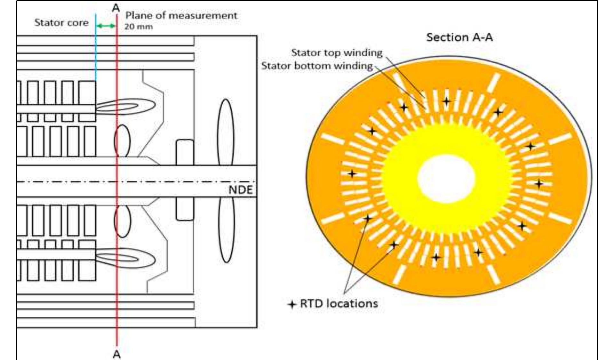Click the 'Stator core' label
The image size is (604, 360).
[61, 23]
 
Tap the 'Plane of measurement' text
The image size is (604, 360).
[181, 15]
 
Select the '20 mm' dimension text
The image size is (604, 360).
[139, 27]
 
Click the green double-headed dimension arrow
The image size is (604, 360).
[106, 26]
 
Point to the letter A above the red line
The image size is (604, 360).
[116, 8]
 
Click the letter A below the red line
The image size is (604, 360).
[117, 354]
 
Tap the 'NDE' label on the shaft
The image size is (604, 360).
[240, 190]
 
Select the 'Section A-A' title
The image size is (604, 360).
[459, 37]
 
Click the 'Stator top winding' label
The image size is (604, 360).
[337, 52]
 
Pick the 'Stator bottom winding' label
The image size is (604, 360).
[317, 66]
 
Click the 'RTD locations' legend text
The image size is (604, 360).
[339, 303]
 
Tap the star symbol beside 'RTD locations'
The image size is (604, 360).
[292, 304]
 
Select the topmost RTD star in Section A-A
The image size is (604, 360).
[446, 102]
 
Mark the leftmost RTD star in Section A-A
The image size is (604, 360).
[352, 174]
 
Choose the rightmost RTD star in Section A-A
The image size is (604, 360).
[539, 184]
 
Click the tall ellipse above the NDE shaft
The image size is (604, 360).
[226, 132]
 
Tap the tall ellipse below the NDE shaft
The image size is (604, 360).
[226, 230]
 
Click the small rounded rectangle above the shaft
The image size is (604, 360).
[185, 152]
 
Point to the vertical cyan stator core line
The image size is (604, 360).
[96, 48]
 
